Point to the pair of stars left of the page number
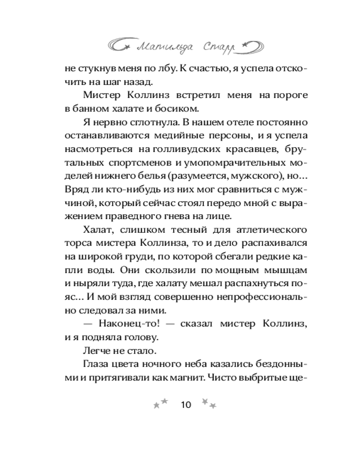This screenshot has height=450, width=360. pos(161,403)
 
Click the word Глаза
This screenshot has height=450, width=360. pos(95,364)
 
